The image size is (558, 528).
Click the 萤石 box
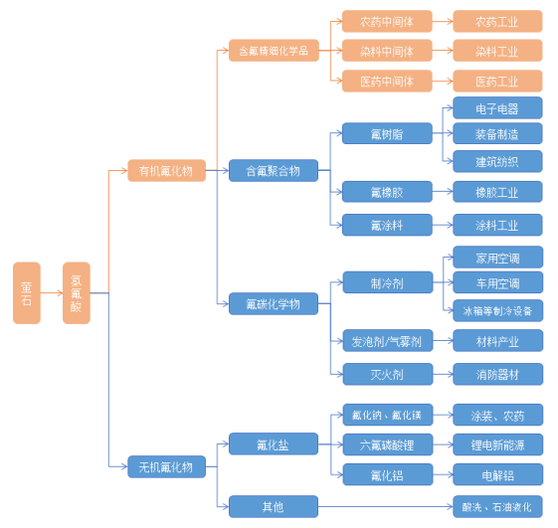[x=27, y=292]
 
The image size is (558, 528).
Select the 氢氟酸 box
[x=77, y=292]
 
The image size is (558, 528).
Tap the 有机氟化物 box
[x=166, y=170]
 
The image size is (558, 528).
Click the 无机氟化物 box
[x=166, y=466]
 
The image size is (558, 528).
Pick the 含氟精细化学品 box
[x=274, y=50]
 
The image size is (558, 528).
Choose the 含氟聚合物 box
[x=274, y=170]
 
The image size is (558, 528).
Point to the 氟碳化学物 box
[x=274, y=303]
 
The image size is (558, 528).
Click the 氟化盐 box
[x=274, y=443]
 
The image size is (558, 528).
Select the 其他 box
[x=274, y=506]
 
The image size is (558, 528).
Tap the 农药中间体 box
[x=387, y=21]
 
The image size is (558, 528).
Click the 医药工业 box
[x=497, y=82]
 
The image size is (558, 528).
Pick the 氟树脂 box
[x=387, y=133]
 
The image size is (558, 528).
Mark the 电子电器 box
[x=497, y=107]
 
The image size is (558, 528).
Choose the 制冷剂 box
[x=388, y=282]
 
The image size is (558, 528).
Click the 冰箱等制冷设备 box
[x=498, y=310]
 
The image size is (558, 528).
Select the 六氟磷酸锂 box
[x=388, y=444]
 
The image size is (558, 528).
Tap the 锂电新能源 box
[x=498, y=444]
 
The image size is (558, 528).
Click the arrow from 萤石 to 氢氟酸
[x=52, y=292]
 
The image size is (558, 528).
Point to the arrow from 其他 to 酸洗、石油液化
[x=385, y=506]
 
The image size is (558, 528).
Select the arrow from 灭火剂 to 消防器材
[x=443, y=374]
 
